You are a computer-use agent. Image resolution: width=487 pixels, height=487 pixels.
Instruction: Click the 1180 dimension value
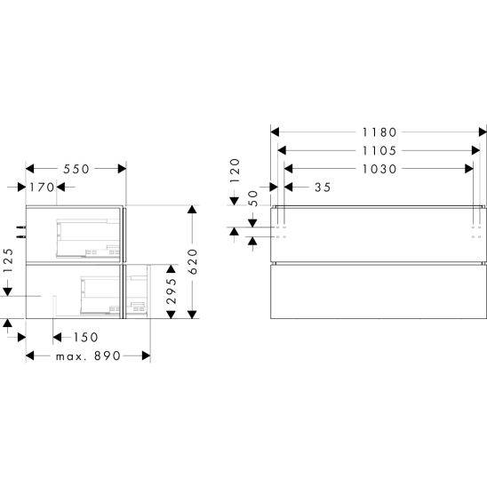pos(379,132)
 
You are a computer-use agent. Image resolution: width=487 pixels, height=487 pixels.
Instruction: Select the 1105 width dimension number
pos(379,151)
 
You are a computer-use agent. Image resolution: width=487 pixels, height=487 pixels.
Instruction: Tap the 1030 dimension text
pos(379,169)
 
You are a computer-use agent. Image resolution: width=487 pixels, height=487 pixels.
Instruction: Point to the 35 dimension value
pos(323,188)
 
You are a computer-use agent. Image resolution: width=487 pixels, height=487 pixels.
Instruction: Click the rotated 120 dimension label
pos(236,171)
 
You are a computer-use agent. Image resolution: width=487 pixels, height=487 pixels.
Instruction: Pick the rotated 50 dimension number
pos(253,198)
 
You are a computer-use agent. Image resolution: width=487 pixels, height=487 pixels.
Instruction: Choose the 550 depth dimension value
pos(76,169)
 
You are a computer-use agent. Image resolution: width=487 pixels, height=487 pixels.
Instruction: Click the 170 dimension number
pos(42,188)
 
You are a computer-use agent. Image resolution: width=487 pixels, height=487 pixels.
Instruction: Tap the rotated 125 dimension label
pos(8,260)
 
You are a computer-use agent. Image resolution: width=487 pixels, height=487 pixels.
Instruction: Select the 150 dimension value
pos(85,338)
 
